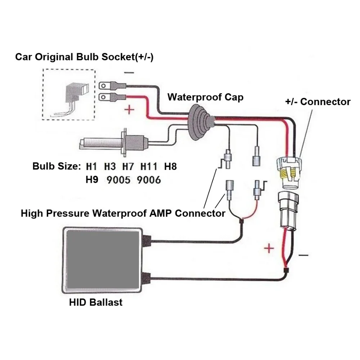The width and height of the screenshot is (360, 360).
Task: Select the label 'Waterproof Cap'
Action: (x=205, y=97)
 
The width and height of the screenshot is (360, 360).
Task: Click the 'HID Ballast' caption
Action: (x=96, y=302)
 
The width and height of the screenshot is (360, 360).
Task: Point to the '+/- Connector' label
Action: (x=318, y=102)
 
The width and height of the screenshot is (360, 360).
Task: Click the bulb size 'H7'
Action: (x=128, y=167)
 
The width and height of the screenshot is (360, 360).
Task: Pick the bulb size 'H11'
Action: (x=148, y=167)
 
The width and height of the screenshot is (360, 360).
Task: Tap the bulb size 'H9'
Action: (x=92, y=180)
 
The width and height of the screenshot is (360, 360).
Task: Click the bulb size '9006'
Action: (x=149, y=180)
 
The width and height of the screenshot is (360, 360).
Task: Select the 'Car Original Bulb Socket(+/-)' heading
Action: (x=84, y=57)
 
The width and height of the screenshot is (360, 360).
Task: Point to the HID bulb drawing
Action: (x=112, y=142)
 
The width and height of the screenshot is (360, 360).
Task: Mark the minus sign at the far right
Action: (x=303, y=255)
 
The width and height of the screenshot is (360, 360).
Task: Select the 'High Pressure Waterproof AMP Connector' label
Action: (x=123, y=213)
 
